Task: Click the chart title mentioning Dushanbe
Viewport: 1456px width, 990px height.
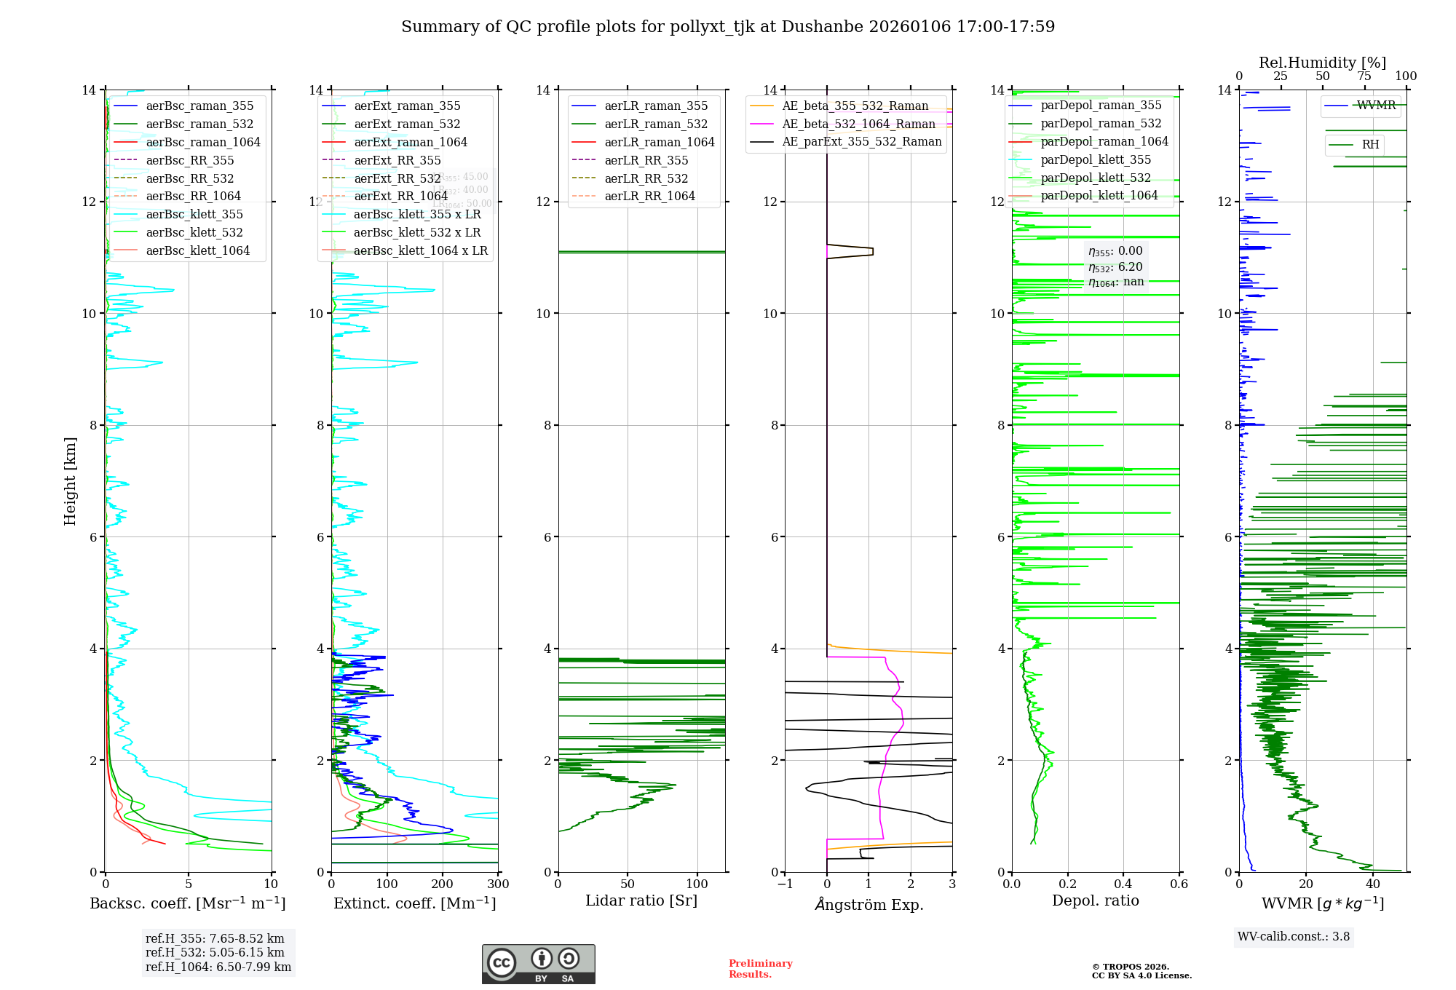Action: (x=728, y=27)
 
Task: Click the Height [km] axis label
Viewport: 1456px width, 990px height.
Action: (x=70, y=481)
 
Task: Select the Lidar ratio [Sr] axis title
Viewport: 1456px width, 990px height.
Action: (x=641, y=901)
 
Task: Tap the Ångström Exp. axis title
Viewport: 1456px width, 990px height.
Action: (x=869, y=905)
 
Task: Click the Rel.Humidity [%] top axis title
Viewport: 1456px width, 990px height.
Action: (x=1322, y=63)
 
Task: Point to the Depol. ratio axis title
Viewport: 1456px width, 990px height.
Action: (x=1095, y=901)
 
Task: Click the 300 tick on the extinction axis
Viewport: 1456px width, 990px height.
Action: (x=498, y=884)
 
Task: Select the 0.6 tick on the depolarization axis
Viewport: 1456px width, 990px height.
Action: (x=1179, y=884)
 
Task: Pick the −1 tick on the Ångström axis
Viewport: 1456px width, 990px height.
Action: (x=785, y=884)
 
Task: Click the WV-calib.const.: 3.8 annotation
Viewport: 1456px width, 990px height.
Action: (x=1294, y=937)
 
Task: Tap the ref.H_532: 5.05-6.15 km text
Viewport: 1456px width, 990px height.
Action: (x=215, y=953)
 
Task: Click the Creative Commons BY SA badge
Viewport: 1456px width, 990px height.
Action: (x=538, y=965)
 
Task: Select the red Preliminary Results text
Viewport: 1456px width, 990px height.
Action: (x=760, y=969)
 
